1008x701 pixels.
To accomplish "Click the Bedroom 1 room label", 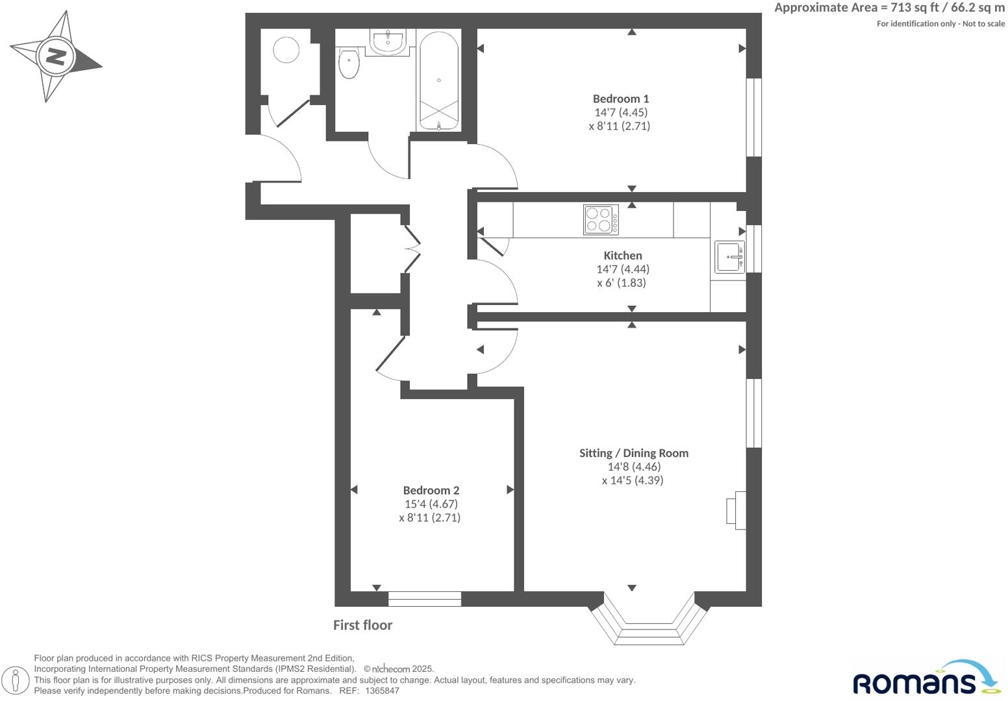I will click(x=620, y=99).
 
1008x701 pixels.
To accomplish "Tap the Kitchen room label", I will click(x=622, y=256).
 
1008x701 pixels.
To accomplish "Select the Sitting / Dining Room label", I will click(x=633, y=453).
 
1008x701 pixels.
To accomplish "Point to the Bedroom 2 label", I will click(x=431, y=491).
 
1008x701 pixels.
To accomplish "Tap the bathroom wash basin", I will click(x=388, y=40).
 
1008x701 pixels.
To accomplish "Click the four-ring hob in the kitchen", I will click(x=601, y=219).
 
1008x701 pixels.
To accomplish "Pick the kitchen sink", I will click(x=729, y=257).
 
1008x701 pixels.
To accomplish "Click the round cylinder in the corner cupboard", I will click(x=286, y=49).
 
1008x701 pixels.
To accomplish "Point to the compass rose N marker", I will click(x=56, y=56).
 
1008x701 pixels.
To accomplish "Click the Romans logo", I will click(x=926, y=679).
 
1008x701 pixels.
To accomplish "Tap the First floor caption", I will click(x=362, y=625).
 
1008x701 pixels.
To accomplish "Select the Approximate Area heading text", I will click(x=889, y=8).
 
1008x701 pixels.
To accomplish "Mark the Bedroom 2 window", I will click(x=425, y=598).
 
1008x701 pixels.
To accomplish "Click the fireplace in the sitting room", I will click(x=736, y=510).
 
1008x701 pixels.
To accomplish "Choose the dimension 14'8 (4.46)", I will click(x=633, y=467).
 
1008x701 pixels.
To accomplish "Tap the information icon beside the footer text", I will click(x=19, y=681).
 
